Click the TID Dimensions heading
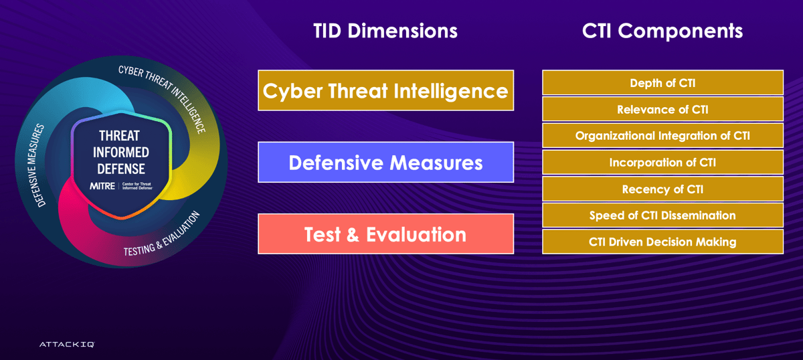(x=385, y=31)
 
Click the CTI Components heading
(x=662, y=31)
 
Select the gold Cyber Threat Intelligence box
(x=385, y=90)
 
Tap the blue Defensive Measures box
(x=385, y=162)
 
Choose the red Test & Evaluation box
(x=385, y=234)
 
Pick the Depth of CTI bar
(x=662, y=83)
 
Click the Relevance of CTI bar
(x=662, y=109)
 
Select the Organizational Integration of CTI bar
(x=662, y=135)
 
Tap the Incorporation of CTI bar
(x=662, y=162)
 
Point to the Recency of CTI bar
(x=662, y=189)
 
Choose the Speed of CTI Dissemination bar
(x=662, y=215)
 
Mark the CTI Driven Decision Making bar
(x=662, y=242)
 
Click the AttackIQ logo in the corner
(x=66, y=344)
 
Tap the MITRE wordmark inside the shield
(x=102, y=185)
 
